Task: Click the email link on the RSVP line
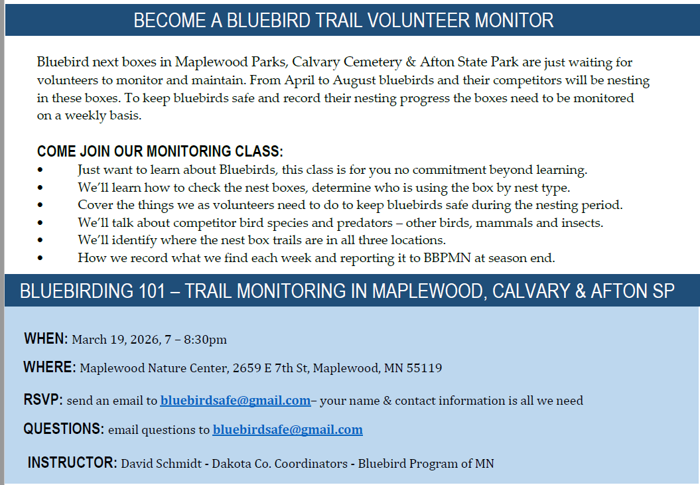[x=236, y=401]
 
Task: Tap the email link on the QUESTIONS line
[x=287, y=430]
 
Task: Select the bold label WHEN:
[x=46, y=338]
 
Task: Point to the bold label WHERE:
[x=50, y=367]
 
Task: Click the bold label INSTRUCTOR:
[x=72, y=462]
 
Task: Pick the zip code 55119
[x=424, y=368]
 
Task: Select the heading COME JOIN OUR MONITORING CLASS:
[x=160, y=151]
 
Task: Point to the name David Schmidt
[x=161, y=464]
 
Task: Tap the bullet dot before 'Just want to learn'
[x=40, y=170]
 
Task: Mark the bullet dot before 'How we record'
[x=40, y=257]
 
